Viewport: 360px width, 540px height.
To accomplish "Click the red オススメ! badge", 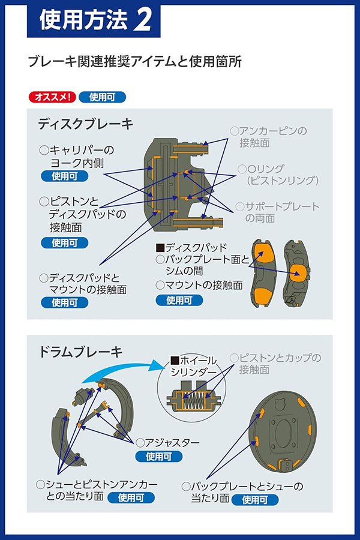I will pyautogui.click(x=52, y=96).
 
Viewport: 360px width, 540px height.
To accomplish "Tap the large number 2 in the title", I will pyautogui.click(x=144, y=20).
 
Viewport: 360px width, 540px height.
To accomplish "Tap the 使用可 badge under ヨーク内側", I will pyautogui.click(x=65, y=176).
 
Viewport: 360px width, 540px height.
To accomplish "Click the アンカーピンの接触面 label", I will pyautogui.click(x=269, y=136).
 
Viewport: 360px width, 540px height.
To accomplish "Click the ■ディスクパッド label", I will pyautogui.click(x=191, y=247).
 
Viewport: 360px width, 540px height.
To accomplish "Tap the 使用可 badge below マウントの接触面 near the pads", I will pyautogui.click(x=179, y=300).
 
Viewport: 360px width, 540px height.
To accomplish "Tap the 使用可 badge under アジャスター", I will pyautogui.click(x=158, y=457).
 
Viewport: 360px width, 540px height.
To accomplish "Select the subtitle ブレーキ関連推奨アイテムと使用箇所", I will pyautogui.click(x=134, y=62).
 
